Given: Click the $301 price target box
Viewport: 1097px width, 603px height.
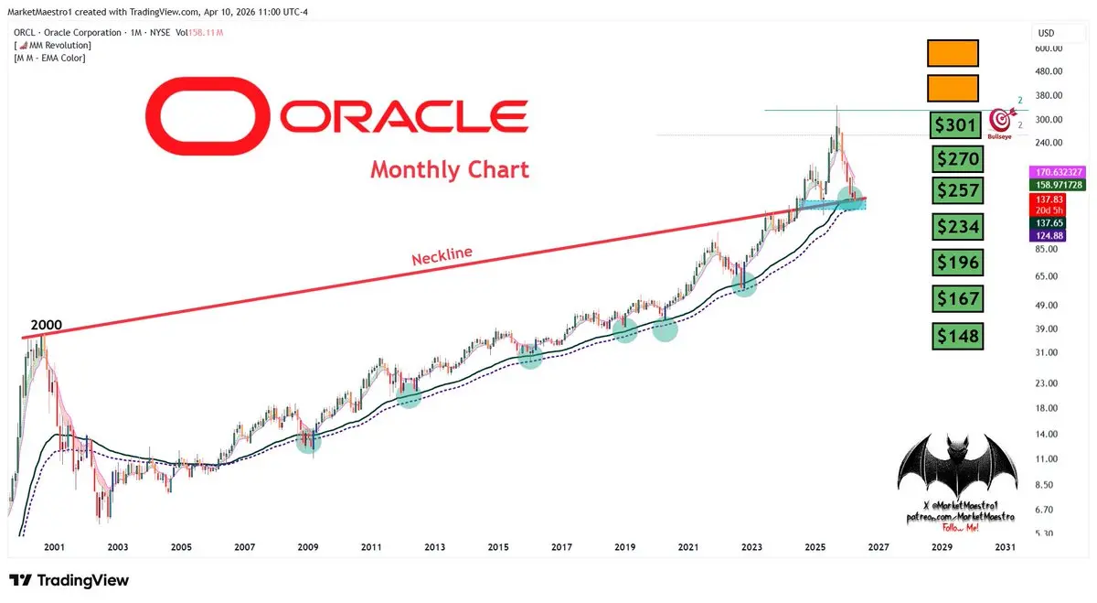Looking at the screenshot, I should (x=955, y=124).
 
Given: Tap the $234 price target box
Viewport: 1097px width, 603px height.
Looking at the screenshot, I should (x=957, y=226).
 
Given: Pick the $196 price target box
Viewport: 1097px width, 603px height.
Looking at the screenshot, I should (x=957, y=263).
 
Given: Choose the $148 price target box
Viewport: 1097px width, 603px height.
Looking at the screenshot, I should (x=957, y=336).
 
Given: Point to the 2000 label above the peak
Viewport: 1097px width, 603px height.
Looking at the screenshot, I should (x=47, y=325).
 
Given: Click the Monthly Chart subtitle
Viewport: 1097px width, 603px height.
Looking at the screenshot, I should (x=449, y=169).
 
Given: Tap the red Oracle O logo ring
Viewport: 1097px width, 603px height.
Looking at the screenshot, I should (x=209, y=117).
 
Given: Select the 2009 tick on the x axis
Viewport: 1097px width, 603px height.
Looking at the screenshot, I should (x=308, y=547).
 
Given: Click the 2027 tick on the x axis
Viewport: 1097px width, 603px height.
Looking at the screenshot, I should (x=878, y=547).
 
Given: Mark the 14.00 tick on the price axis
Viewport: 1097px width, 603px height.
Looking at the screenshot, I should (x=1047, y=434).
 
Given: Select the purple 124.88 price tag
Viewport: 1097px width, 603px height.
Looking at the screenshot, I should (x=1047, y=237).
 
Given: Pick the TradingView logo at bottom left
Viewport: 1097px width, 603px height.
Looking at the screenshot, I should (x=69, y=580).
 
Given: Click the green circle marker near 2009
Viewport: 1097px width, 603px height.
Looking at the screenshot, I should (x=309, y=441).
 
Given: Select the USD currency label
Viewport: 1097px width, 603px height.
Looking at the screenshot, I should (x=1046, y=33).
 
